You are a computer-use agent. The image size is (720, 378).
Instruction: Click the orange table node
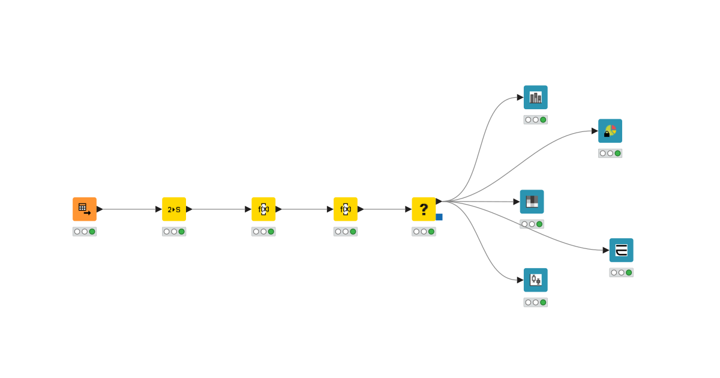tap(85, 209)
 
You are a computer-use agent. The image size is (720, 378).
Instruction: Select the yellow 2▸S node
tap(174, 209)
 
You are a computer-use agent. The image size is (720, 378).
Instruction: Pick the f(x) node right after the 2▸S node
tap(263, 209)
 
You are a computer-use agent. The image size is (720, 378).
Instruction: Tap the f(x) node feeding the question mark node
tap(346, 209)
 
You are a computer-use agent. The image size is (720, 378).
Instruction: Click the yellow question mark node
tap(424, 209)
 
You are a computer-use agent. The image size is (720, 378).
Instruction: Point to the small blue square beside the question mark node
tap(439, 217)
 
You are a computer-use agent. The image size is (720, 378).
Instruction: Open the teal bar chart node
tap(536, 97)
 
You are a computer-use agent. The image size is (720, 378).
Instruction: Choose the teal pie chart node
tap(610, 131)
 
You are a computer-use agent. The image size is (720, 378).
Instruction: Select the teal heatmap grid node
tap(532, 202)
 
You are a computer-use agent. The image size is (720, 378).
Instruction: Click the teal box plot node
tap(536, 280)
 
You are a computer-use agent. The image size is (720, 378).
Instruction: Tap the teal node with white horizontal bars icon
tap(622, 250)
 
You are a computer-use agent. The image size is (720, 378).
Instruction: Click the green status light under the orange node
tap(92, 232)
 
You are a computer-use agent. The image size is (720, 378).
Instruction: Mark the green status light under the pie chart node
tap(618, 154)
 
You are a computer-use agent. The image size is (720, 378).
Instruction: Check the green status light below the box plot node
tap(544, 302)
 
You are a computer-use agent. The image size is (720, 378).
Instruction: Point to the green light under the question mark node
tap(431, 232)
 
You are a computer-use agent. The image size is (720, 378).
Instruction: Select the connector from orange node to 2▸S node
tap(129, 209)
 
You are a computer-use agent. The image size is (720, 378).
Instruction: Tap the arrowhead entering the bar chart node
tap(520, 97)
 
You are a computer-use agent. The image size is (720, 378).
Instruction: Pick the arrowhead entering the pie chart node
tap(595, 131)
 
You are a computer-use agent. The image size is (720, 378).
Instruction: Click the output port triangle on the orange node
tap(100, 209)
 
